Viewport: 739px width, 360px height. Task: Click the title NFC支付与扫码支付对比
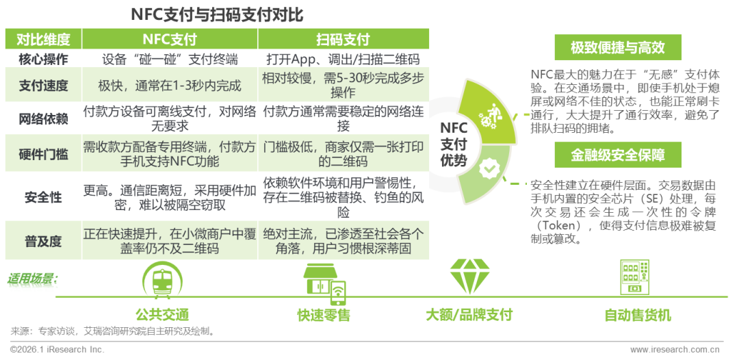click(217, 14)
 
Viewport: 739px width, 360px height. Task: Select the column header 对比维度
click(42, 38)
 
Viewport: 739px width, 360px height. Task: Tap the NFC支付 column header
click(169, 38)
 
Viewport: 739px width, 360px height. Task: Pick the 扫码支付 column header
click(343, 38)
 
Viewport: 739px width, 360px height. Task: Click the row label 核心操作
click(42, 59)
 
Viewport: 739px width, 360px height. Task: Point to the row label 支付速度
click(42, 85)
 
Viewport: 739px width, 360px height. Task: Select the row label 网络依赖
click(42, 118)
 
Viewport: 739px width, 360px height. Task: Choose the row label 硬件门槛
click(42, 154)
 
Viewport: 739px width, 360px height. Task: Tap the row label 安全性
click(42, 198)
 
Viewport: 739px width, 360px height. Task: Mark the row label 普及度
click(42, 241)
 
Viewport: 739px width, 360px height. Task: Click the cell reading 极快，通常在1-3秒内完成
click(169, 85)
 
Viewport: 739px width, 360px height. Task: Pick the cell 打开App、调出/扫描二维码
click(343, 59)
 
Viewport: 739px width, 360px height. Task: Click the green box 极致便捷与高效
click(617, 48)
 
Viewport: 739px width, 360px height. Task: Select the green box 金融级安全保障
click(617, 155)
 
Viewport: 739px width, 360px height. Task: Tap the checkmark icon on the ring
click(488, 167)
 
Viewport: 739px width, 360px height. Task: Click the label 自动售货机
click(638, 316)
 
